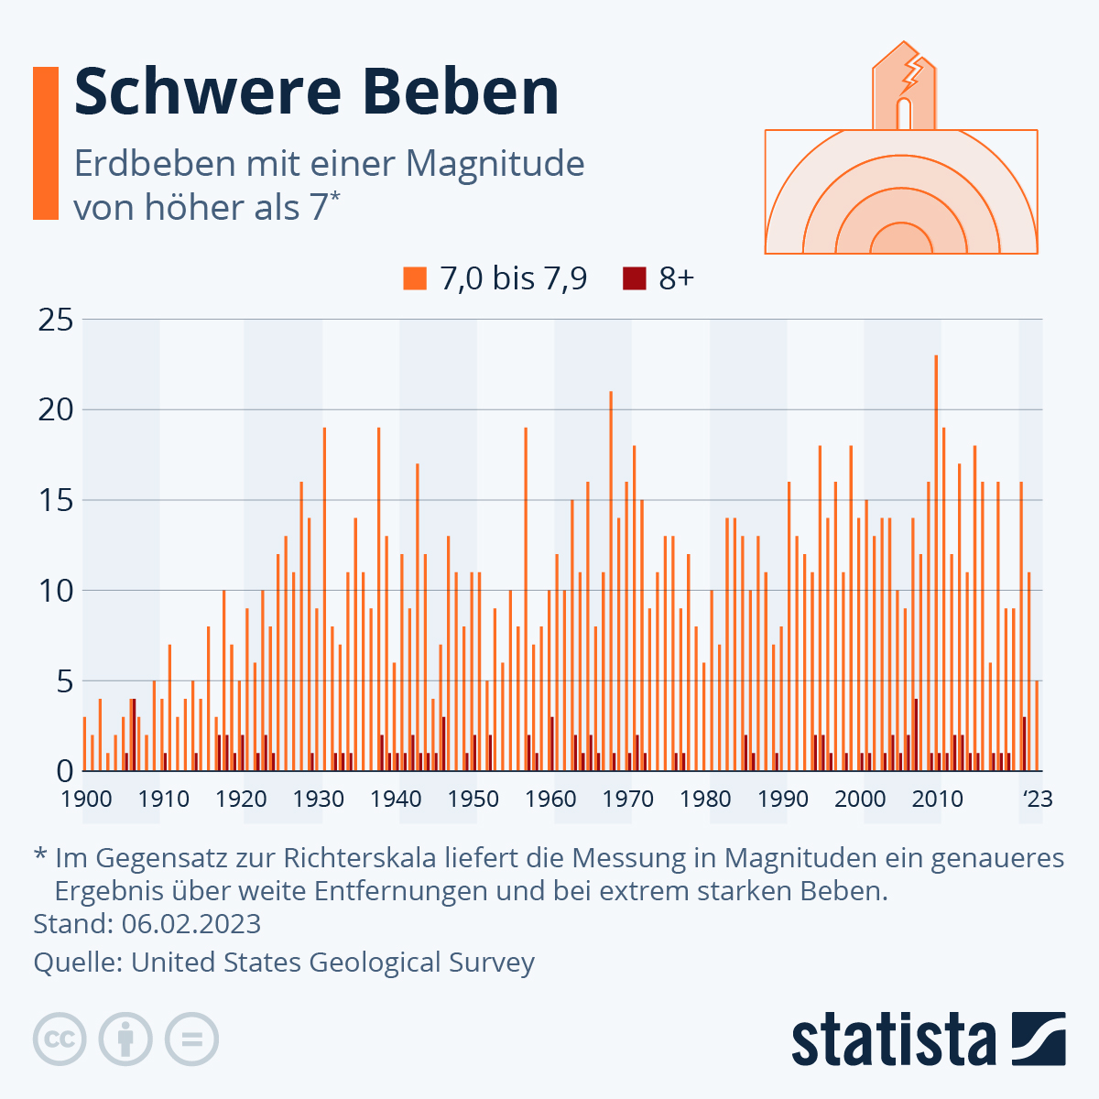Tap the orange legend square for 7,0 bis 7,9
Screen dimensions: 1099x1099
pos(415,278)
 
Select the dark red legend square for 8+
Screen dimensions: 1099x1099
pos(634,278)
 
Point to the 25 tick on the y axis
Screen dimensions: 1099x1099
pos(54,320)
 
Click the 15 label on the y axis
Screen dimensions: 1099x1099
pos(54,500)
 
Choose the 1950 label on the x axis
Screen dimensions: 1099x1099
pos(473,799)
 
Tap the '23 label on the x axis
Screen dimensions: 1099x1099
pos(1038,799)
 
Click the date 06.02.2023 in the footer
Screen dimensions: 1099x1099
pos(191,923)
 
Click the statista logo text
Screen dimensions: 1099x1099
pos(894,1039)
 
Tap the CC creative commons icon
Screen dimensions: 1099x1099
pos(60,1039)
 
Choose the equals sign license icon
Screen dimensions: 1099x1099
pos(191,1039)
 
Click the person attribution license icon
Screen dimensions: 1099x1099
pos(125,1039)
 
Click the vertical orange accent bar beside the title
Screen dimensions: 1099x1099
pos(46,143)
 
